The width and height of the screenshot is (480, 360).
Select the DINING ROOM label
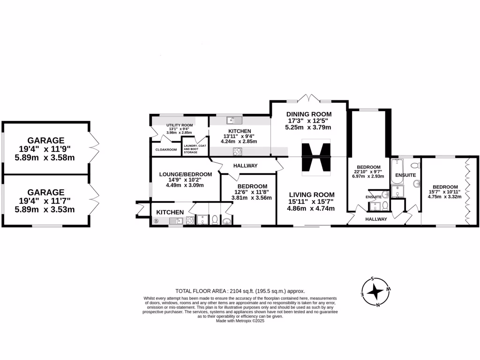click(x=309, y=114)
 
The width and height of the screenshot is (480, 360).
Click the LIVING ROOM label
click(x=311, y=195)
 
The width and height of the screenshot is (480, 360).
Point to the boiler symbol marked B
click(x=156, y=221)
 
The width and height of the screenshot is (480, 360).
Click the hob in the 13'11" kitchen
click(x=238, y=151)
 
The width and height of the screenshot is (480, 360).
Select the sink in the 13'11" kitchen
click(x=232, y=120)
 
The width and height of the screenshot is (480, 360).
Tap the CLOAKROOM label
click(x=166, y=150)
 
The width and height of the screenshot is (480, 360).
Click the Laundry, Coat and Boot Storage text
click(x=195, y=149)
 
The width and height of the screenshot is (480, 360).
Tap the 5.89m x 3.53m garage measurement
click(x=45, y=209)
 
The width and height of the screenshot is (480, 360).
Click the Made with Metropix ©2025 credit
click(x=240, y=321)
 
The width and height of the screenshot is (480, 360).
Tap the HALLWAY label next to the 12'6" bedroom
click(x=245, y=165)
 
